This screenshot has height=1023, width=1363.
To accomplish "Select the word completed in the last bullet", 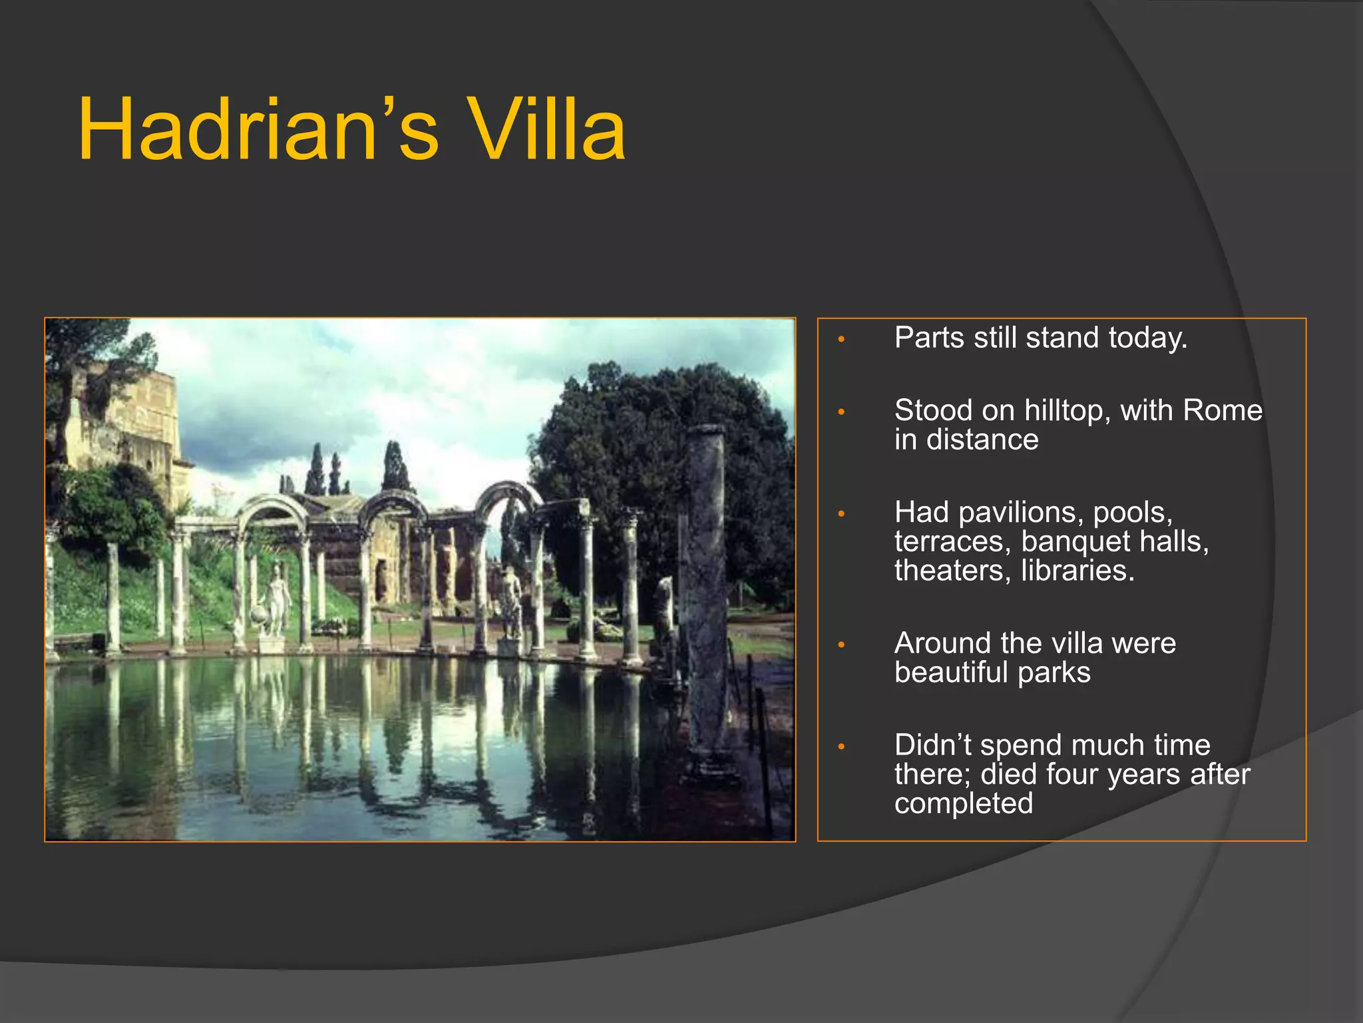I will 963,804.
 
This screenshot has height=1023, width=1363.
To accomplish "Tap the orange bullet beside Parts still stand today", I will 841,340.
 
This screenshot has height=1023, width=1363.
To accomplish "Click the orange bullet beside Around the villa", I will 841,645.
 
